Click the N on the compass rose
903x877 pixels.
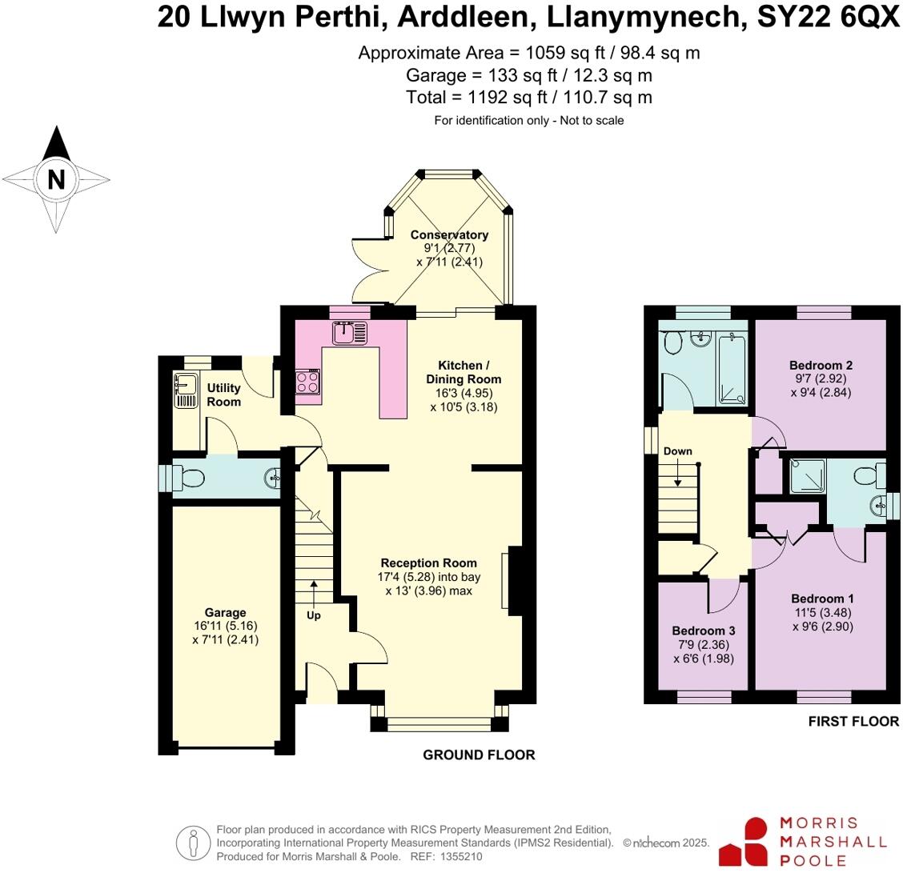(x=56, y=179)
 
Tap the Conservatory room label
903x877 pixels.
(x=449, y=234)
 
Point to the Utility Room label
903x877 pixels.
(x=223, y=394)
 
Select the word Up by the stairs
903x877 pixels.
(x=314, y=615)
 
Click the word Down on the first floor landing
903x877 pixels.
(x=677, y=451)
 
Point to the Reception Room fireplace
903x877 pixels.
(x=511, y=583)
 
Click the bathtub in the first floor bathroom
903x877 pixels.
(x=732, y=368)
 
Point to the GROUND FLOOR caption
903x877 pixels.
(x=479, y=755)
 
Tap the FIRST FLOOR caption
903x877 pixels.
(x=853, y=721)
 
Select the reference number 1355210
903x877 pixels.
(x=460, y=856)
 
